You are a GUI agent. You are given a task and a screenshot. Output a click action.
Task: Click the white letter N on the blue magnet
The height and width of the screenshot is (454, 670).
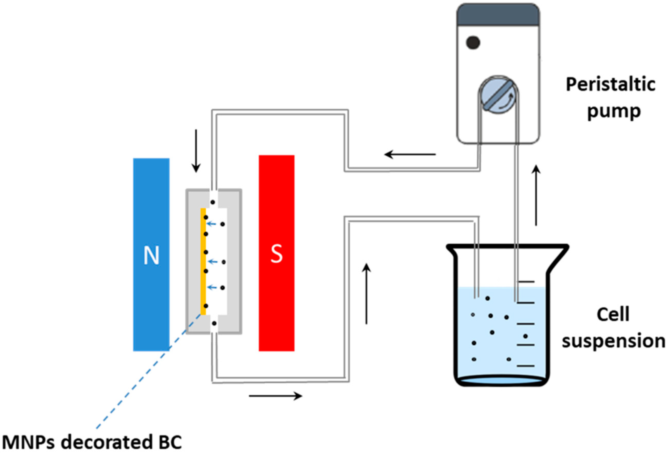(151, 256)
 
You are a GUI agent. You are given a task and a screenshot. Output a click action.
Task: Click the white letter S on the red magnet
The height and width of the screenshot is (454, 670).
(276, 254)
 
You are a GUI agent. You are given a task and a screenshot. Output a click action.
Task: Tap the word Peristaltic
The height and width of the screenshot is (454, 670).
(610, 85)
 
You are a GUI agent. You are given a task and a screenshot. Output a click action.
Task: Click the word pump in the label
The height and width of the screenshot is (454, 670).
(614, 111)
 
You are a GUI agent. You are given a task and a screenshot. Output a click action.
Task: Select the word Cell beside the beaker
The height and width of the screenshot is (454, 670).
(613, 315)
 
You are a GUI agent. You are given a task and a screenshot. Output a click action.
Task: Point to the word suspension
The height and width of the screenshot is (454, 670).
(613, 341)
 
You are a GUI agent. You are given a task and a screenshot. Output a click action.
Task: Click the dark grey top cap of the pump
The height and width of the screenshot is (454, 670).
(498, 14)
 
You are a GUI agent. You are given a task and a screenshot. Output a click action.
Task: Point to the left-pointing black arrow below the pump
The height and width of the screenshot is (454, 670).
(410, 155)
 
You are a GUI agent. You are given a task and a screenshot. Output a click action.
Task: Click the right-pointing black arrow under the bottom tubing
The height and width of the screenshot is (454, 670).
(276, 396)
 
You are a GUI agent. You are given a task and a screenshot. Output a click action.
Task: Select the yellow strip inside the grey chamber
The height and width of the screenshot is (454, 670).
(203, 261)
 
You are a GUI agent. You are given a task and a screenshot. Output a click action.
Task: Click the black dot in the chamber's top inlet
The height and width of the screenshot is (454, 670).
(212, 202)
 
